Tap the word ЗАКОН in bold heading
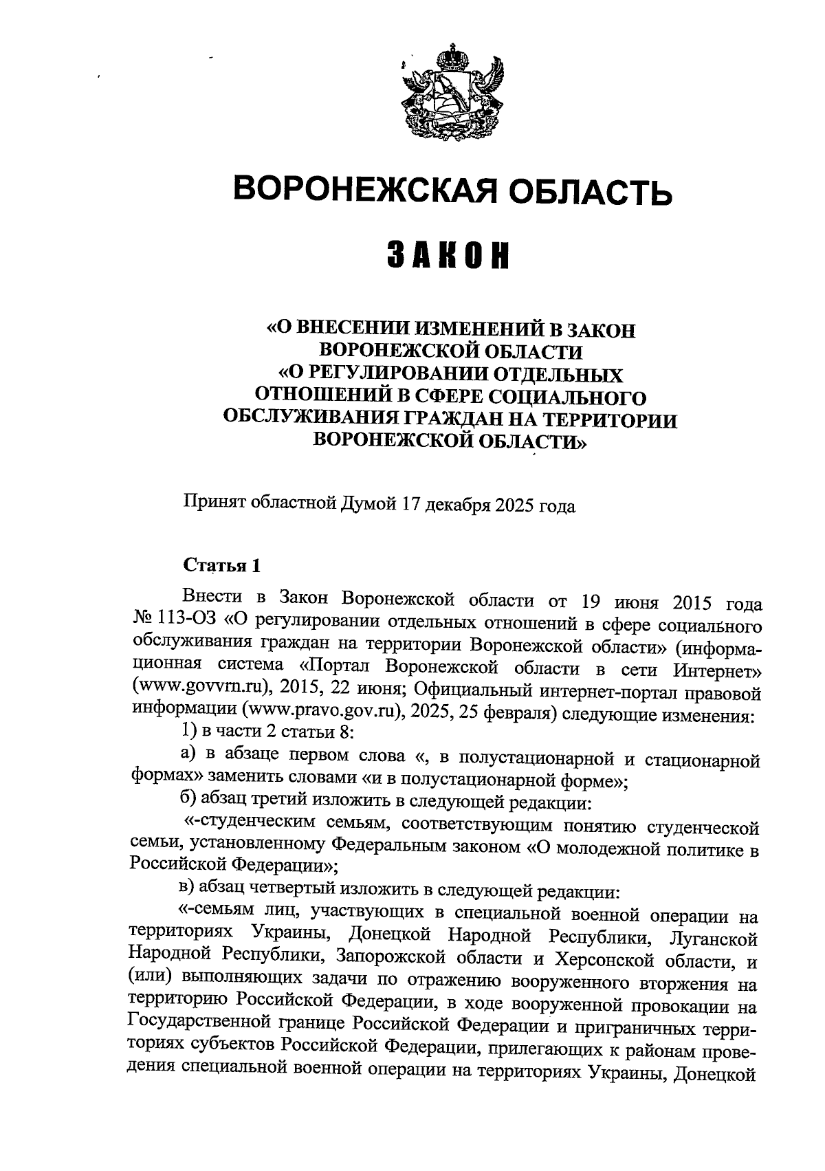(451, 257)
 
